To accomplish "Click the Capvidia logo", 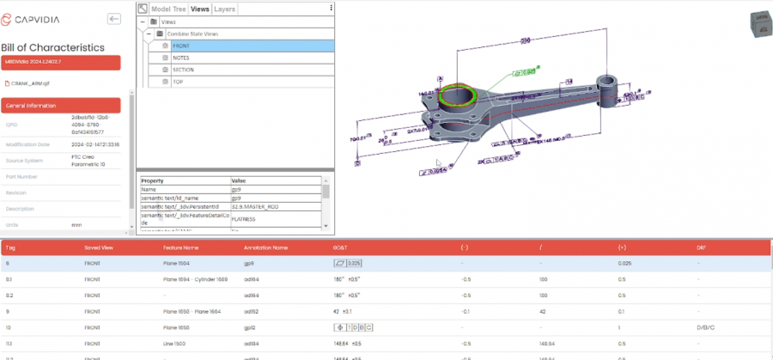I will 35,18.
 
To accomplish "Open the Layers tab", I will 225,9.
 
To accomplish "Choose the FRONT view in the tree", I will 181,46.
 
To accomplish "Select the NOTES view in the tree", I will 181,58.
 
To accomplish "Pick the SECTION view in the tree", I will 183,70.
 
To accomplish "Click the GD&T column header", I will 340,247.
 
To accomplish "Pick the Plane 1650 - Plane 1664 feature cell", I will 192,311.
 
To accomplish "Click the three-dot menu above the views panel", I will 331,8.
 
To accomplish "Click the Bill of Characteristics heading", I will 52,48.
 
